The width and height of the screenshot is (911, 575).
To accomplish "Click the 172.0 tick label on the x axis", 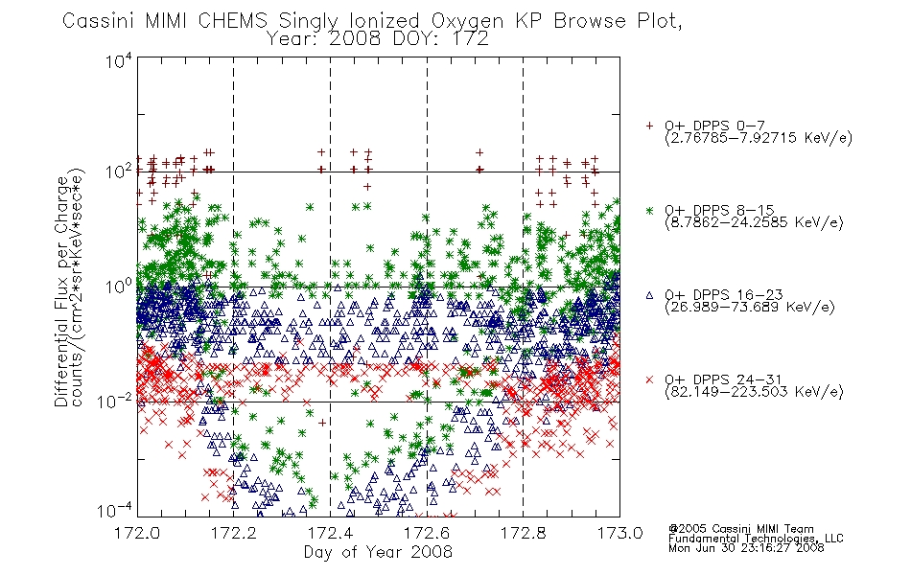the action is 137,533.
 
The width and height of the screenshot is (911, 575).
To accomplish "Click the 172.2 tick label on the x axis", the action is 234,533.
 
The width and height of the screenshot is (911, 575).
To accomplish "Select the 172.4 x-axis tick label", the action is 330,533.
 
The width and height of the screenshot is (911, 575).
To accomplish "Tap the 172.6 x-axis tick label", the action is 427,533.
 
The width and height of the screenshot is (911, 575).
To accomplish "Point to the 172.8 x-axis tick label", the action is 523,533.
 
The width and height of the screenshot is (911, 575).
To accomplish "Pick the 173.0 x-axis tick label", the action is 619,533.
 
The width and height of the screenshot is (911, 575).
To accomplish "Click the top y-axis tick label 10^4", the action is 119,60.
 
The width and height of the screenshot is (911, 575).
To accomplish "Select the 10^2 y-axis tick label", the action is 119,172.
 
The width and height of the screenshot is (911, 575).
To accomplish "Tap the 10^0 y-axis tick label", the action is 119,287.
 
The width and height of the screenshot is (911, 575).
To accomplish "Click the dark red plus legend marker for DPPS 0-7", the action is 649,126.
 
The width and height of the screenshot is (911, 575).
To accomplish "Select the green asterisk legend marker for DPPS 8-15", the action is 649,210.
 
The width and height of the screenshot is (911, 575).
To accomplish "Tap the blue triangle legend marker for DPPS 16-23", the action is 649,295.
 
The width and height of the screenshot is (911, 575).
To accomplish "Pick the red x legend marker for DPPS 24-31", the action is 649,379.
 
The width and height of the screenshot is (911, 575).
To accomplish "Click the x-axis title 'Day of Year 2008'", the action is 378,552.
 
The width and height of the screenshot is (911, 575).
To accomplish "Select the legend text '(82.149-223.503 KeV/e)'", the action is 754,391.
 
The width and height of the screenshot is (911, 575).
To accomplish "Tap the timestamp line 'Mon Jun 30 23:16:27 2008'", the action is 746,548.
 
